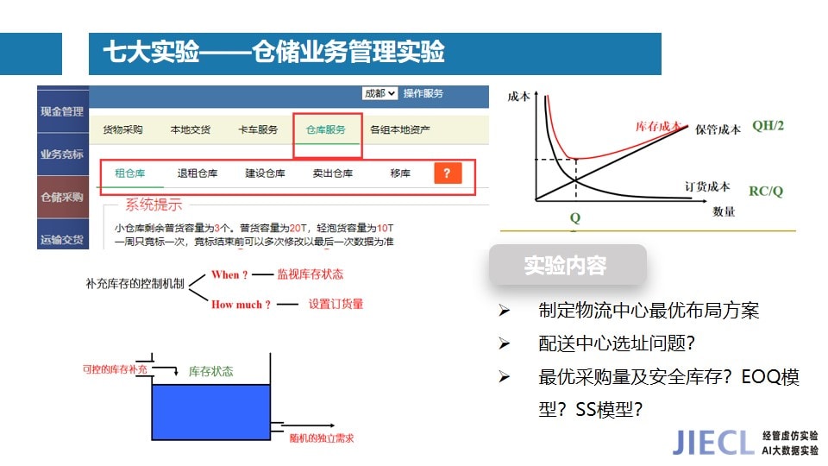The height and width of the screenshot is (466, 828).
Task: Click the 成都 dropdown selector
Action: click(x=379, y=93)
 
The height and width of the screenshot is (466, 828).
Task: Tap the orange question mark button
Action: click(x=448, y=173)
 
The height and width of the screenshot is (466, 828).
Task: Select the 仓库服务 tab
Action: click(x=326, y=129)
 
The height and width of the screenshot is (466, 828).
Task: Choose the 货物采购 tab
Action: click(x=122, y=129)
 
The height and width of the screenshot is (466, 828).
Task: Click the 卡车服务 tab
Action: click(x=258, y=129)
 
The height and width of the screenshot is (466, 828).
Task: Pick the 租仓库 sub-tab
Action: click(x=130, y=173)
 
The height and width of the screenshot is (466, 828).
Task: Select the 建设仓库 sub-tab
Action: click(x=265, y=173)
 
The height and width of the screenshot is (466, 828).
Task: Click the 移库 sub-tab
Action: click(x=400, y=173)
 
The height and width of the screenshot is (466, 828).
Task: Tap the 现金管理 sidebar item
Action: click(x=62, y=111)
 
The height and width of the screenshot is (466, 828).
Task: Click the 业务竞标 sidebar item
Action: click(x=62, y=154)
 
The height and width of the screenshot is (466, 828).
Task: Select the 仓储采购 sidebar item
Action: click(x=62, y=197)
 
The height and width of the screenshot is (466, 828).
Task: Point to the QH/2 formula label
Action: click(x=768, y=126)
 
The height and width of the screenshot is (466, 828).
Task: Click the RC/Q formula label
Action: click(x=766, y=191)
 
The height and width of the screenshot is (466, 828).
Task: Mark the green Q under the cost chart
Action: click(x=575, y=217)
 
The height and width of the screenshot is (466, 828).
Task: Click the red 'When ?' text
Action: click(x=229, y=274)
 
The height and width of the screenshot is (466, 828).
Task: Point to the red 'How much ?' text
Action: click(x=241, y=305)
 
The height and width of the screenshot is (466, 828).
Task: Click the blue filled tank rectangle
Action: click(x=211, y=412)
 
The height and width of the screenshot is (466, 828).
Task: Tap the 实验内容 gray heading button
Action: click(x=568, y=265)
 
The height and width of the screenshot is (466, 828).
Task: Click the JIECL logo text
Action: click(x=713, y=442)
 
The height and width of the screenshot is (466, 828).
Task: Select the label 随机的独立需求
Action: click(x=322, y=438)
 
